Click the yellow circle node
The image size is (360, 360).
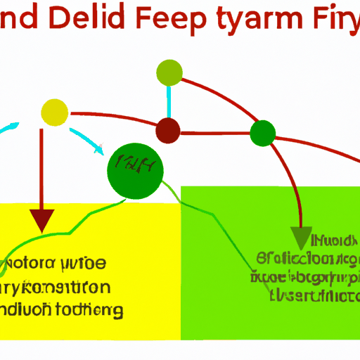click(x=55, y=112)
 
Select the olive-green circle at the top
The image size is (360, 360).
click(x=169, y=72)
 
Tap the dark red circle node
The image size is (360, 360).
click(x=167, y=130)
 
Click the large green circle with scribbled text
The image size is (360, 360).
click(x=135, y=170)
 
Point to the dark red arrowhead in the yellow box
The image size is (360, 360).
click(x=44, y=220)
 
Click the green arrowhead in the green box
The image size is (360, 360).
click(x=301, y=238)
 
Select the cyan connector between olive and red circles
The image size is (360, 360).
click(x=168, y=102)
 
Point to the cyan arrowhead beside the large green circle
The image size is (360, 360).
click(x=99, y=150)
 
